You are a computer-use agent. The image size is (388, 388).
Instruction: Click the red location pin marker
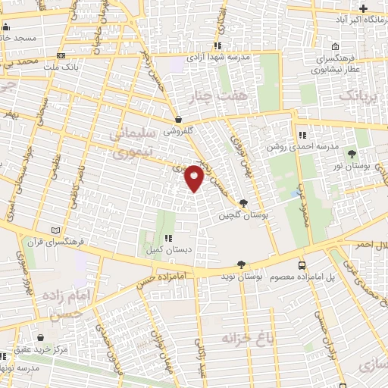195,177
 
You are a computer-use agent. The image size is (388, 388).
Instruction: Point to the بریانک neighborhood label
358,95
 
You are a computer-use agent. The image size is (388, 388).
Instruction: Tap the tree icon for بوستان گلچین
242,203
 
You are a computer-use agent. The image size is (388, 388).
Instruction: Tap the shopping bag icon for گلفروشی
178,119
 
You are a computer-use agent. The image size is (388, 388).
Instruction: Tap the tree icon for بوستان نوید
241,265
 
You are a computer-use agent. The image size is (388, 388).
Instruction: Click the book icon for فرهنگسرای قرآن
52,230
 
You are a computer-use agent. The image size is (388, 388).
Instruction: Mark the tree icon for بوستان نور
351,152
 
